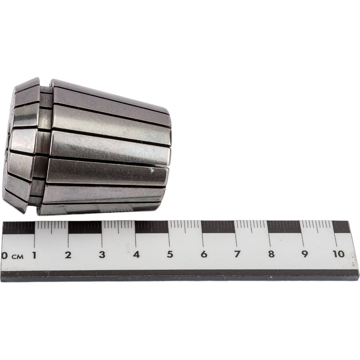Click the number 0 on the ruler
click(4, 256)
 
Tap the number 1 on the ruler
click(35, 255)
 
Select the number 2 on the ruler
click(68, 255)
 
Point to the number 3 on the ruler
click(102, 255)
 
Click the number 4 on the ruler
click(136, 255)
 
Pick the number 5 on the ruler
click(170, 254)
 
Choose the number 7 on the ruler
click(237, 254)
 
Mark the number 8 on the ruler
click(271, 254)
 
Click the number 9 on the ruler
click(305, 254)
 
